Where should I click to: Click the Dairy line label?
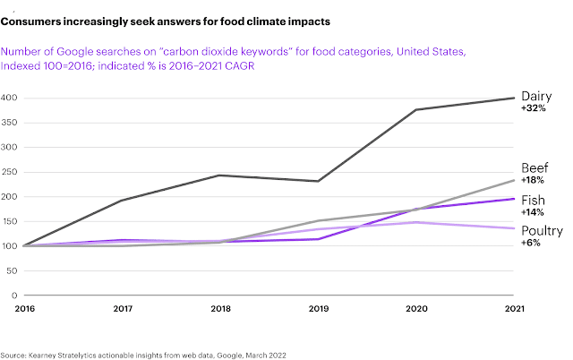(x=538, y=96)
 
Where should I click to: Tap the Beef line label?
(x=535, y=168)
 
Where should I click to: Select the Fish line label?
(x=534, y=199)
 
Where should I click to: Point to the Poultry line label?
(x=543, y=231)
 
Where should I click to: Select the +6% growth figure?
(x=530, y=244)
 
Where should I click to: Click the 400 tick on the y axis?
(x=10, y=98)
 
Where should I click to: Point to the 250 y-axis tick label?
(x=10, y=172)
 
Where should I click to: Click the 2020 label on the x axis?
(x=415, y=307)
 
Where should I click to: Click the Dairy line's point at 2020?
(x=415, y=110)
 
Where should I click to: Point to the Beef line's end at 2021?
(x=514, y=181)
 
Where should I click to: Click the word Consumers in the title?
(x=36, y=20)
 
